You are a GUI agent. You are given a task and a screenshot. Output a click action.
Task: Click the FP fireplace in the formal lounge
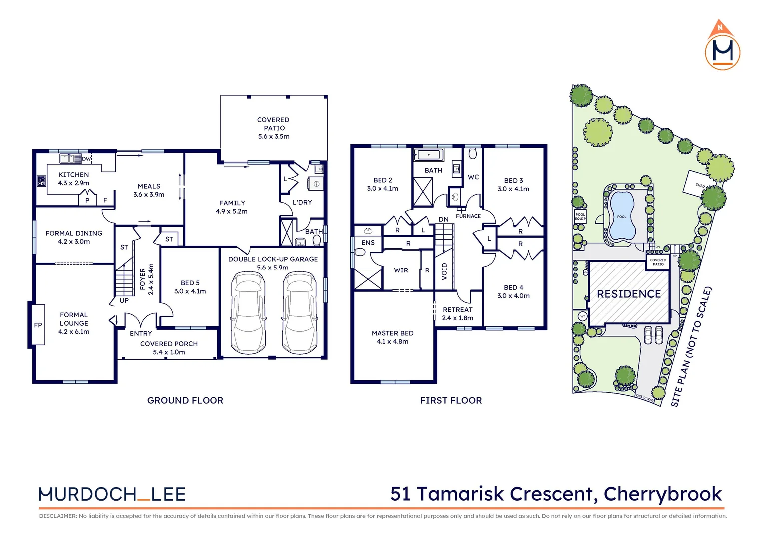point(38,325)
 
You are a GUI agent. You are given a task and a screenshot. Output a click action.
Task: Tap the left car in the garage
point(248,313)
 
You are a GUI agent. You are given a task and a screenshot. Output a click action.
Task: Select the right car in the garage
point(300,313)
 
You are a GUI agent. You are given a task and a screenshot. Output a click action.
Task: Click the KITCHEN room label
point(73,175)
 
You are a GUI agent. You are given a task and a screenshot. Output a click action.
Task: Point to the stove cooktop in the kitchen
point(41,181)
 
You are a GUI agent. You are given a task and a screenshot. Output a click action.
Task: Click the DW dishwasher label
point(86,159)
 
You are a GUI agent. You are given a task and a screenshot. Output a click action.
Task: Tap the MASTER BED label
point(392,333)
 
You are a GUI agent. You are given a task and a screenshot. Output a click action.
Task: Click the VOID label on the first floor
point(444,271)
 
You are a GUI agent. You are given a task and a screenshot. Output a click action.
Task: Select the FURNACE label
point(468,216)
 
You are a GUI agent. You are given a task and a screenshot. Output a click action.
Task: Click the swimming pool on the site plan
point(622,216)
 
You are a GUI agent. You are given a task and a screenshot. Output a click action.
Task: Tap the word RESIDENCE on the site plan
point(629,294)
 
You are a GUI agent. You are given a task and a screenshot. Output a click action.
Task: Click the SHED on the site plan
point(700,185)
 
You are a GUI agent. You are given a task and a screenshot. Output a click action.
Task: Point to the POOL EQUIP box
point(580,216)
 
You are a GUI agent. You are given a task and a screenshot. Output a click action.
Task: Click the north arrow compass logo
point(722,46)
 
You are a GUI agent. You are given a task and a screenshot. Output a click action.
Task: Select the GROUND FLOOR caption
point(185,400)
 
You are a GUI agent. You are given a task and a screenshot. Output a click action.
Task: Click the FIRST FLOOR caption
point(451,400)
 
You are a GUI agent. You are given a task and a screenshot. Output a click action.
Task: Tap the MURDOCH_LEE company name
point(112,494)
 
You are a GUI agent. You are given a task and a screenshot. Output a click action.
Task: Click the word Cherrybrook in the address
point(663,494)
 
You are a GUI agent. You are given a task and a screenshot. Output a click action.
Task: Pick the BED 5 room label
point(190,283)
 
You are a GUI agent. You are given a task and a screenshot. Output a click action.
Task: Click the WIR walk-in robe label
point(401,270)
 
